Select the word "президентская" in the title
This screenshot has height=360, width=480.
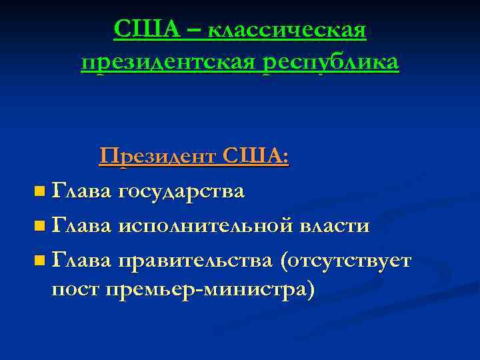tap(168, 63)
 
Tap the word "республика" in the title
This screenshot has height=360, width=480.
tap(330, 63)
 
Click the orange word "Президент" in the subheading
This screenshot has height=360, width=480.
tap(157, 157)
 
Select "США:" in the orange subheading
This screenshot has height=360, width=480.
tap(256, 157)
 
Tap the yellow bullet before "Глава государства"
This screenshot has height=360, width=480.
tap(41, 193)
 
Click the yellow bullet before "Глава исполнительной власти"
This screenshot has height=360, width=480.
tap(41, 227)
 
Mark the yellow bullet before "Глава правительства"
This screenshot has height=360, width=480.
tap(41, 261)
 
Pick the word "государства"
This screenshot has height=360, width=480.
tap(181, 192)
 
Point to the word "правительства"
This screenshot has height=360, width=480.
tap(195, 260)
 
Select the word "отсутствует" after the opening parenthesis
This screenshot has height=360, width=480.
tap(351, 260)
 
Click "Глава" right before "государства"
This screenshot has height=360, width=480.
tap(81, 191)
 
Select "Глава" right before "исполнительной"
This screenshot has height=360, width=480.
tap(81, 225)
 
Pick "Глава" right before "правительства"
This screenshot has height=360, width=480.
tap(81, 259)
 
